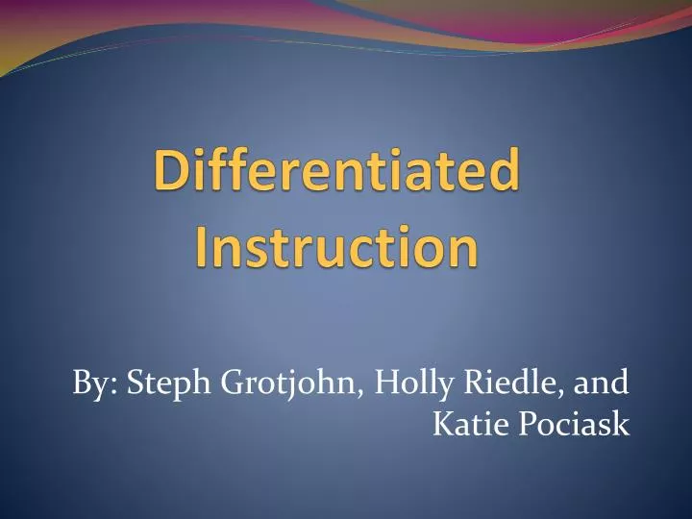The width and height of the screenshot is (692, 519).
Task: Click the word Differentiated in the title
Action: point(335,174)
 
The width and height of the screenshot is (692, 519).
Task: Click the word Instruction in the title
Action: point(335,246)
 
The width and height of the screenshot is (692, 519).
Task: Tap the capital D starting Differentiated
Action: point(171,174)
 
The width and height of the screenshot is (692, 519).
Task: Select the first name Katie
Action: point(463,422)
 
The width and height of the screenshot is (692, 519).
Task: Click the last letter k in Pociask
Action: point(622,422)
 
